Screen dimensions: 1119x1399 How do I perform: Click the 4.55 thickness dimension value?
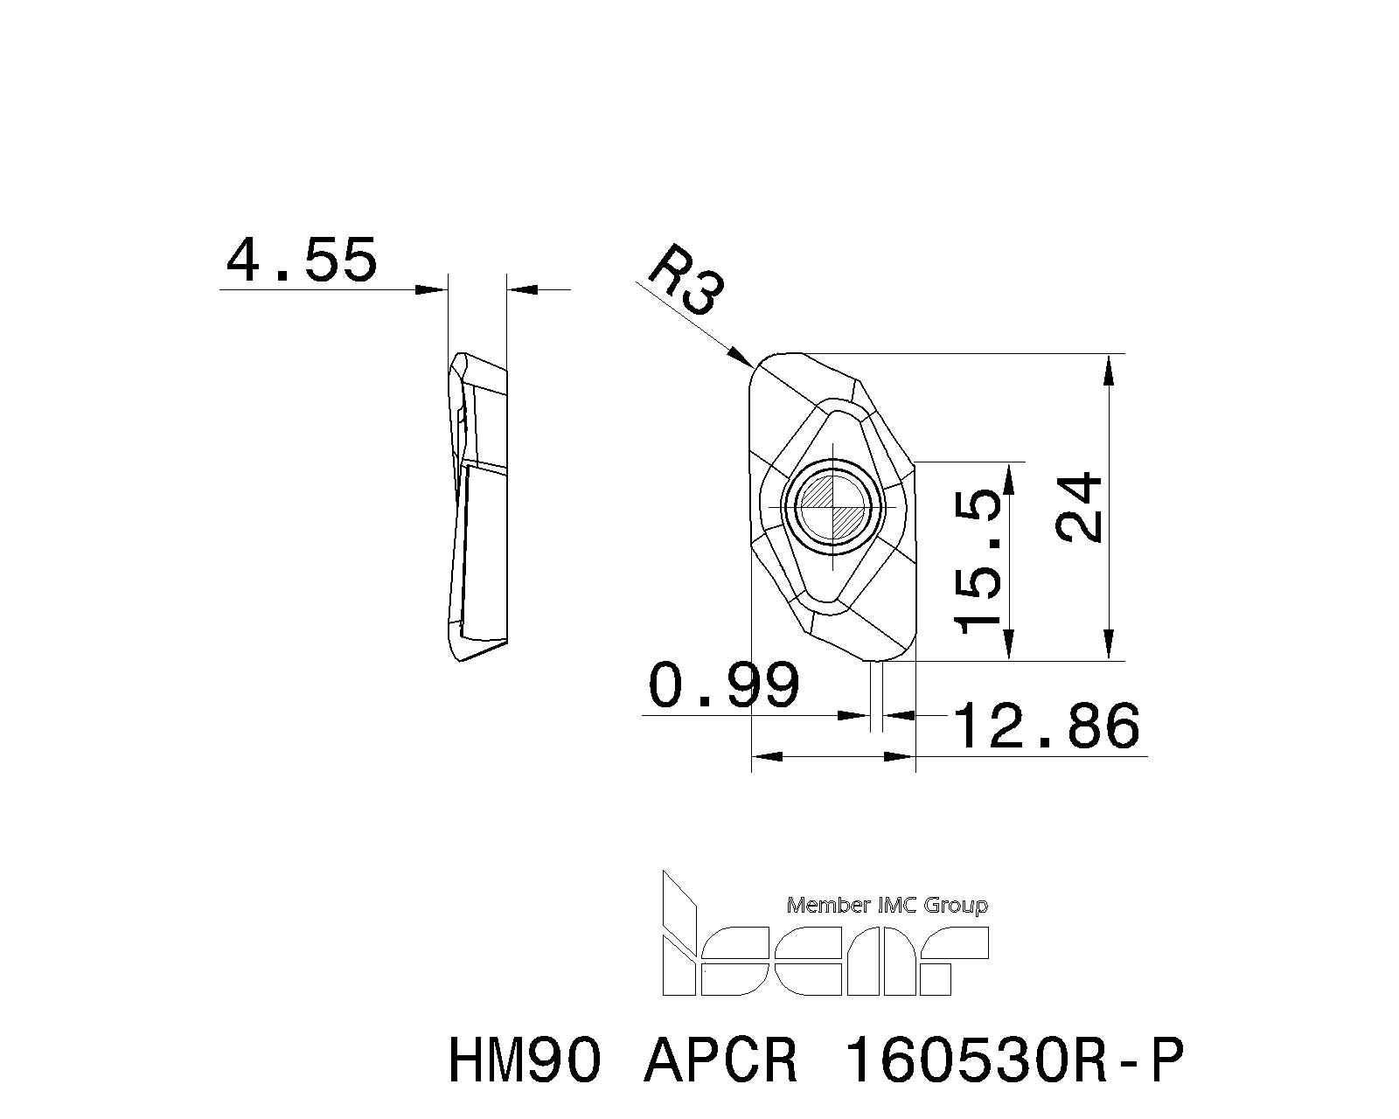tap(302, 260)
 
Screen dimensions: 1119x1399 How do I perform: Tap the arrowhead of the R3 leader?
tap(743, 358)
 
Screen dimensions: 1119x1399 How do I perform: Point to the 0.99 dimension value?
tap(724, 685)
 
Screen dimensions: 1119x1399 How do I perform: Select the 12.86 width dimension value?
tap(1047, 726)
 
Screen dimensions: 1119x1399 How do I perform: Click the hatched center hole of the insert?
tap(834, 507)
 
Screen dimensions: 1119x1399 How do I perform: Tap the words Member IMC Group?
tap(887, 905)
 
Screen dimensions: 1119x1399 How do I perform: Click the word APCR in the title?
tap(721, 1060)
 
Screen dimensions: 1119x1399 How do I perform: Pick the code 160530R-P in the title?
tap(1014, 1060)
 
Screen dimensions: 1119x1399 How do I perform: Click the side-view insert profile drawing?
tap(477, 507)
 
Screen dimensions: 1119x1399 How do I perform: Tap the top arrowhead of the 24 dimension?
tap(1109, 367)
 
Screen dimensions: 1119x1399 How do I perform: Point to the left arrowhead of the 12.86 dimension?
tap(765, 756)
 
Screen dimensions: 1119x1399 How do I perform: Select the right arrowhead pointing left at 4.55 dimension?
tap(520, 288)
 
